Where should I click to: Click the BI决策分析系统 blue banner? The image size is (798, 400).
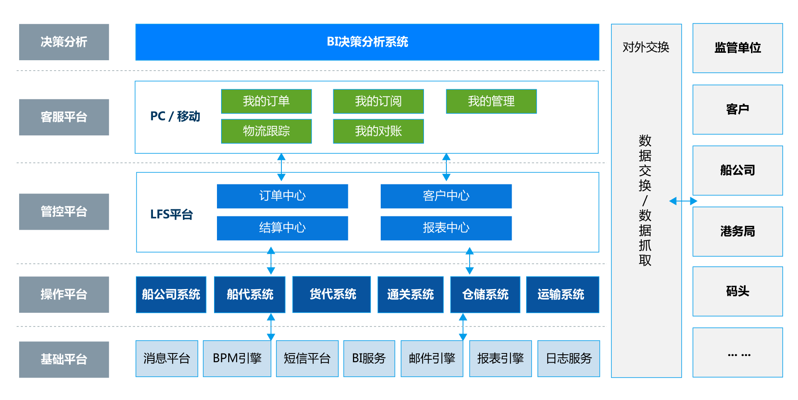click(x=367, y=42)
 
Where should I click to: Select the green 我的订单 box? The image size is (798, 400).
click(x=266, y=101)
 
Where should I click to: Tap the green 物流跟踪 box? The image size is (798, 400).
click(x=266, y=131)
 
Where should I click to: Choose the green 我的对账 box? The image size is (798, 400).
click(x=378, y=131)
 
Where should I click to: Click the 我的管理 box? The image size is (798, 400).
click(x=491, y=101)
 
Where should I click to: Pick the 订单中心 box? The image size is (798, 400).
click(x=282, y=196)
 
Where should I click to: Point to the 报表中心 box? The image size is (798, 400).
click(x=446, y=228)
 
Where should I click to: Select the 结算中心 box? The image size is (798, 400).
click(x=282, y=228)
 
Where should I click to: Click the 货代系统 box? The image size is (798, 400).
click(x=332, y=294)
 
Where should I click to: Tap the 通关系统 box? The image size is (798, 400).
click(x=410, y=294)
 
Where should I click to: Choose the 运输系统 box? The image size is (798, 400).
click(x=562, y=294)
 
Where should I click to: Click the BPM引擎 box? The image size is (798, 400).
click(x=237, y=358)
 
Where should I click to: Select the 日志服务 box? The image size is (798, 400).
click(x=569, y=358)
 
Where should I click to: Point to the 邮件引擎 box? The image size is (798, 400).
click(x=432, y=358)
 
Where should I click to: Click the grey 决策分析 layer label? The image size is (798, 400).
click(x=64, y=42)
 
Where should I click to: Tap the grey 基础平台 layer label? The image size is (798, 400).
click(x=64, y=359)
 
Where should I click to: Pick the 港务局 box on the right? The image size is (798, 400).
click(x=737, y=231)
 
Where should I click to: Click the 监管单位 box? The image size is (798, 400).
click(x=737, y=48)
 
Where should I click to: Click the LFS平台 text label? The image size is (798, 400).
click(x=171, y=214)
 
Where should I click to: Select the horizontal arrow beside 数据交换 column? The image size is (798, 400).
click(x=683, y=201)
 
